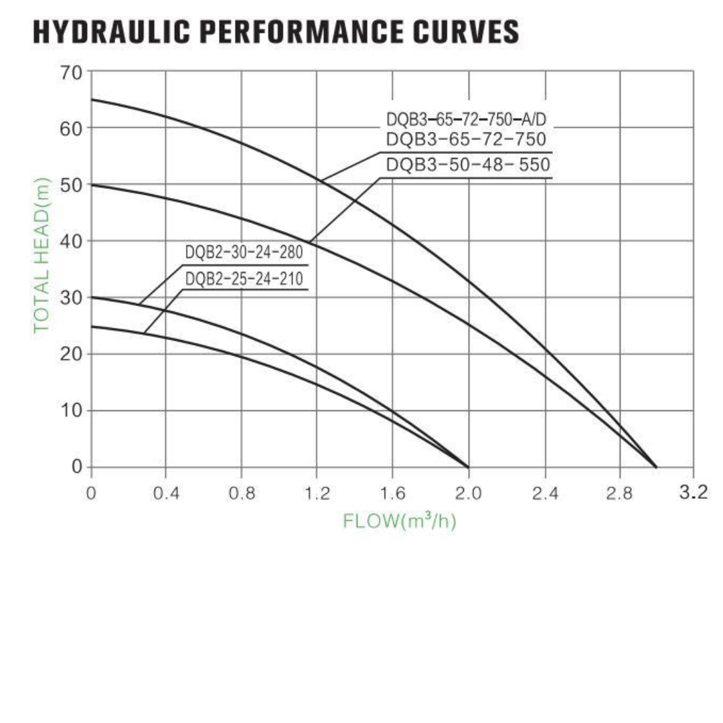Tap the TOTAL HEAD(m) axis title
[42, 255]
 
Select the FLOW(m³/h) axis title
[400, 520]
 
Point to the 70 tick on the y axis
[72, 72]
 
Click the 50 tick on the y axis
[72, 184]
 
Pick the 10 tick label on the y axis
[72, 410]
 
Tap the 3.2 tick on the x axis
[693, 493]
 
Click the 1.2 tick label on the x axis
[317, 495]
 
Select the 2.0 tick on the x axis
[468, 495]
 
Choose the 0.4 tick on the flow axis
[166, 495]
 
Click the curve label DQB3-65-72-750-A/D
[467, 120]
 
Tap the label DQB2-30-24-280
[244, 253]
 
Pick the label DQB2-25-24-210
[244, 278]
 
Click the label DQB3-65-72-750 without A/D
[467, 140]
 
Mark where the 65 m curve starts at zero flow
[92, 100]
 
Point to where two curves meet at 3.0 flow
[656, 467]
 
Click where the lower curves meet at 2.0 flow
[467, 467]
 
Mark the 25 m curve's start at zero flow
[92, 327]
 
